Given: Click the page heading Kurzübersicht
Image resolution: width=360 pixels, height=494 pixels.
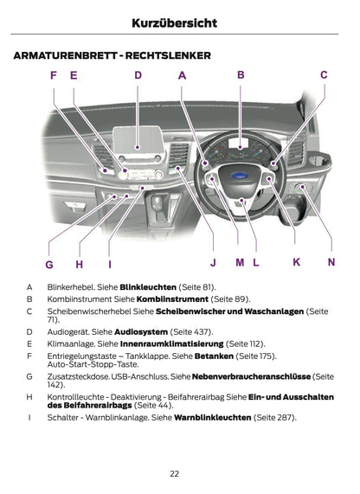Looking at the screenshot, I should coord(180,22).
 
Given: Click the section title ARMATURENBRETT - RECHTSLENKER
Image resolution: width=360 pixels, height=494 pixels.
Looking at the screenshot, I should coord(112,55).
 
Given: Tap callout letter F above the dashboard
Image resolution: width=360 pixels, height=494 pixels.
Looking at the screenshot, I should coord(54,76).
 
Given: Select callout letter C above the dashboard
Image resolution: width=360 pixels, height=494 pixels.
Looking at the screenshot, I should coord(324,75).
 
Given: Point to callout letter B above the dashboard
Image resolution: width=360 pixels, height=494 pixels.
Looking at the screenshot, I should coord(241,75).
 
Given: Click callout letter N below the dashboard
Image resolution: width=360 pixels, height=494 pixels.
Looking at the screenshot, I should coord(331,261).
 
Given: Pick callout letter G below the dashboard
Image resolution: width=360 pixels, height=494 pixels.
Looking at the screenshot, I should coord(49,264).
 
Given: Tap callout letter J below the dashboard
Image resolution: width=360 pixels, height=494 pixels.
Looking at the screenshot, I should coord(213,262).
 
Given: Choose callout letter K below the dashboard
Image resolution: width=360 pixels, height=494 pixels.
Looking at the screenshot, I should coord(296,261).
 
